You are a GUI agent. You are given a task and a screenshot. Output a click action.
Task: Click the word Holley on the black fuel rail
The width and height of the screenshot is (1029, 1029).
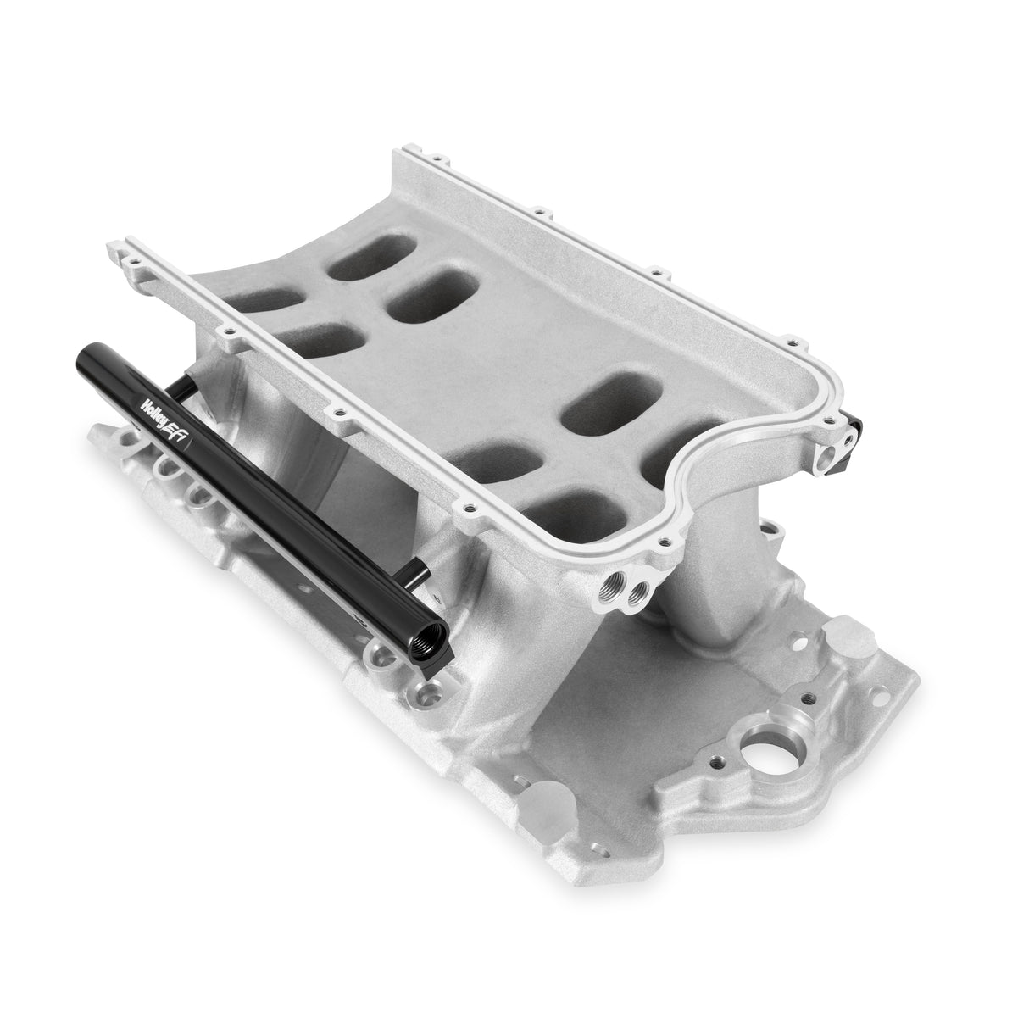pos(157,400)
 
